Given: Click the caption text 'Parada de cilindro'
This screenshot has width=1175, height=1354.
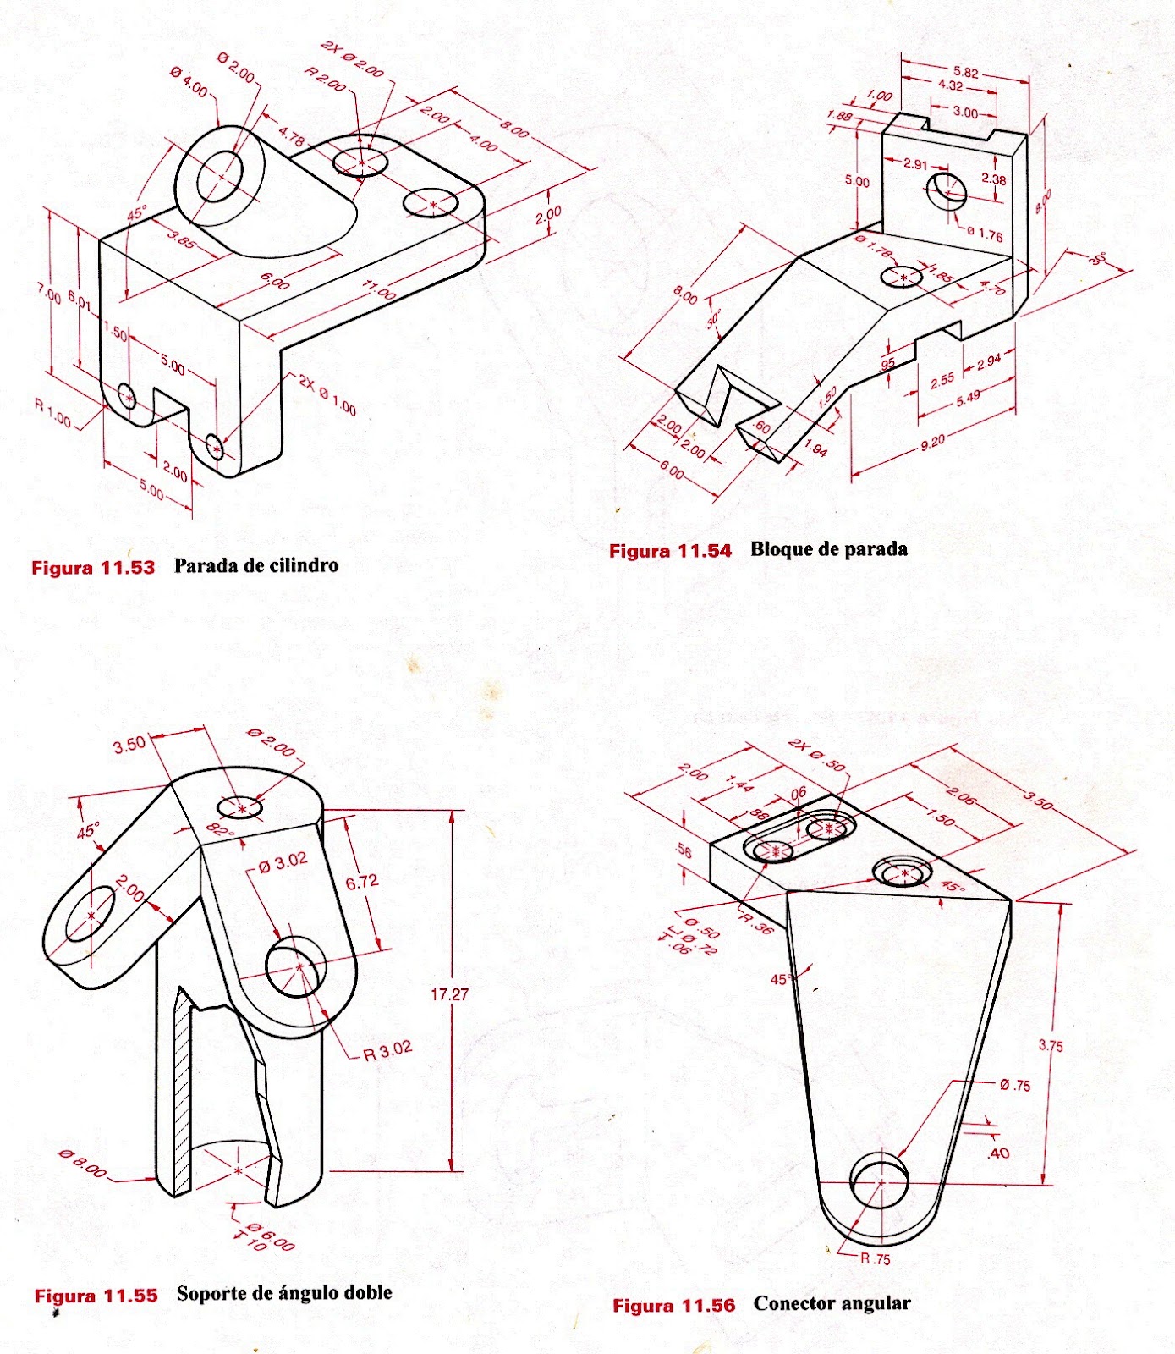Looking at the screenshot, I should pyautogui.click(x=255, y=565).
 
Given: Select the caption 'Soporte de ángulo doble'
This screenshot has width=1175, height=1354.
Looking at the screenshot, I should pyautogui.click(x=284, y=1293).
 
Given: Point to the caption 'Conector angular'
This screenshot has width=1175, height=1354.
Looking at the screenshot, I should pyautogui.click(x=832, y=1303).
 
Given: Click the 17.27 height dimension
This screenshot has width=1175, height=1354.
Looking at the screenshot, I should pyautogui.click(x=449, y=994).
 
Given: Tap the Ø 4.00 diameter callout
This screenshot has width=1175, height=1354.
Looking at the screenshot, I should pyautogui.click(x=189, y=83).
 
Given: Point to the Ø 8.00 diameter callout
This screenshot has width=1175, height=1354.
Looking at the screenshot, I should pyautogui.click(x=83, y=1164).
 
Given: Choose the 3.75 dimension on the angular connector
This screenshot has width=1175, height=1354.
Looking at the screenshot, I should pyautogui.click(x=1051, y=1046).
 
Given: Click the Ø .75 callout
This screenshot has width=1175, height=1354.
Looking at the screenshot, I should pyautogui.click(x=1015, y=1086).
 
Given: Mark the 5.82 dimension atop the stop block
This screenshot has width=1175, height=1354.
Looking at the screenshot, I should pyautogui.click(x=965, y=73).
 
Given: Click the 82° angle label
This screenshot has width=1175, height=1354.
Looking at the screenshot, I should pyautogui.click(x=219, y=831).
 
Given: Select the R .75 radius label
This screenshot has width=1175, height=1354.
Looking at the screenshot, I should pyautogui.click(x=876, y=1258).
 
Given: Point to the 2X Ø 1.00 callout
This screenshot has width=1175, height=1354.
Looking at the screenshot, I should pyautogui.click(x=327, y=394).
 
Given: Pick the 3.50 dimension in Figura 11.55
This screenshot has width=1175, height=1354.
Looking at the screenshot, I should pyautogui.click(x=129, y=745).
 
